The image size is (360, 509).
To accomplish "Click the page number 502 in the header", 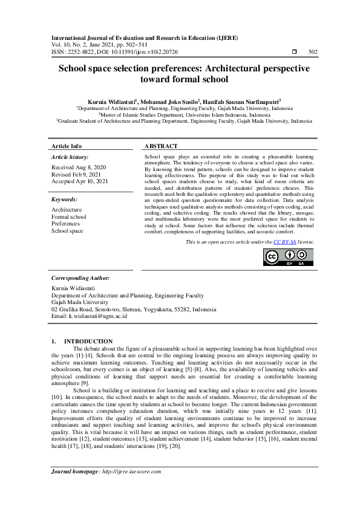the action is (x=313, y=52).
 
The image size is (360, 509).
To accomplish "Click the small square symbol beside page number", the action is (x=293, y=52).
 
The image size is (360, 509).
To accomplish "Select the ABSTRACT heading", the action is (x=161, y=146).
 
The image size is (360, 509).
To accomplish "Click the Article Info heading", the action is (x=67, y=146).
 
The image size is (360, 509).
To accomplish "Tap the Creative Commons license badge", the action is (x=288, y=258).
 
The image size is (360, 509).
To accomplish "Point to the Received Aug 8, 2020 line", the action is (x=79, y=167).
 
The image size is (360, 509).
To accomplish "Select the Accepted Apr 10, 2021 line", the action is (x=80, y=181).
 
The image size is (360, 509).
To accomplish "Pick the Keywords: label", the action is (x=64, y=199).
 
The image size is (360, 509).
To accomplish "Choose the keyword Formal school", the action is (x=69, y=216).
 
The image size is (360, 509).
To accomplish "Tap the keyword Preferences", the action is (x=65, y=224).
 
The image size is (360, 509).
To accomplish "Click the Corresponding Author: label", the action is (x=80, y=277).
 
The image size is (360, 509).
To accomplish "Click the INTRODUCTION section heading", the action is (x=88, y=342).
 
